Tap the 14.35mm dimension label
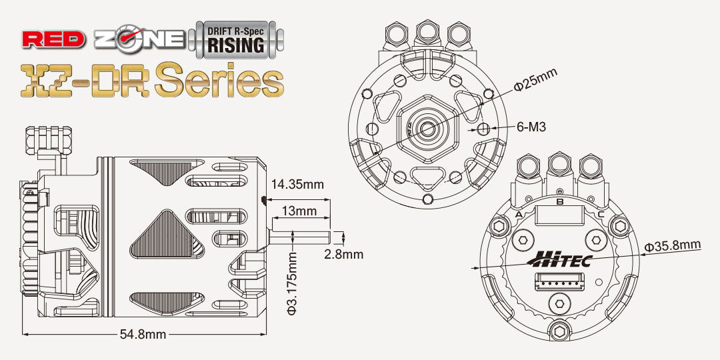297,184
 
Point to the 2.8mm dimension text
344,254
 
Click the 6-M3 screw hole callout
531,127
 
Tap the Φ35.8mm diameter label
672,245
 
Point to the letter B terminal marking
559,201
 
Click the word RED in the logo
53,39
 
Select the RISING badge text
236,45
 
